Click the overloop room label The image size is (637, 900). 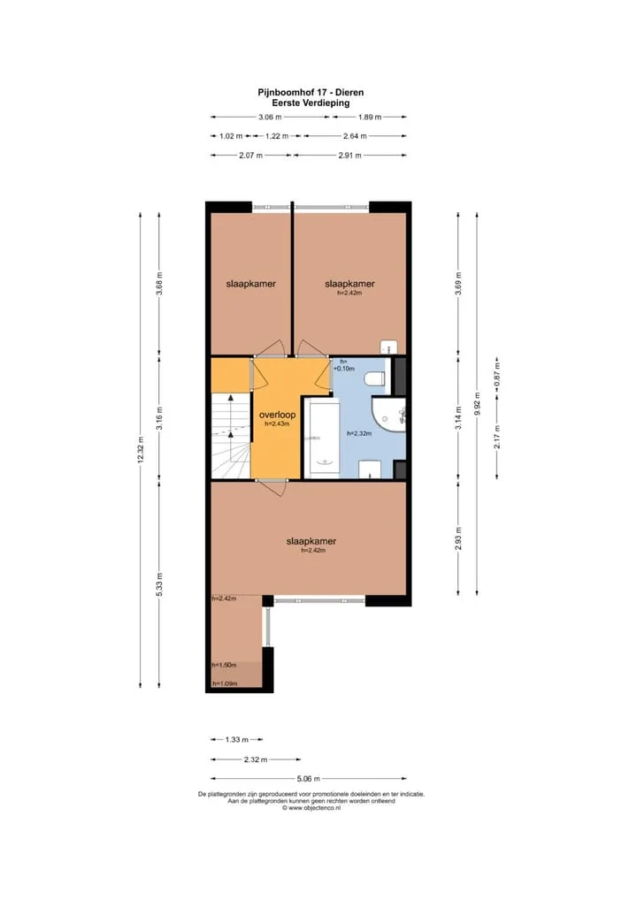click(277, 415)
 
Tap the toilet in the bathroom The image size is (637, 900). click(376, 378)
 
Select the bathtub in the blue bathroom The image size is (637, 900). click(322, 439)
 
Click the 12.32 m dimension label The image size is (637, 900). click(141, 449)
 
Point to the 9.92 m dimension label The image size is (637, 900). click(477, 403)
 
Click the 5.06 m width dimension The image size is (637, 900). click(309, 779)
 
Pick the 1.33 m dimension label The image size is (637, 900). click(236, 740)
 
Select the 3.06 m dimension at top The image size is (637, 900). click(270, 117)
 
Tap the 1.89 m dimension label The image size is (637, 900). click(369, 117)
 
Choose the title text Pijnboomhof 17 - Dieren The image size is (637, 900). click(311, 92)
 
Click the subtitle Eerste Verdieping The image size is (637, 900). click(311, 103)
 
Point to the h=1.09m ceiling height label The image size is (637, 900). click(225, 683)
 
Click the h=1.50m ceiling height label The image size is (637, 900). click(224, 665)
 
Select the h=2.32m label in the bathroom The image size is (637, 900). click(359, 433)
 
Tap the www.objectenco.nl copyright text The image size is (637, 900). click(311, 808)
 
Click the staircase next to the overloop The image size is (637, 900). click(231, 435)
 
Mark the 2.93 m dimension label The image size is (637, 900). click(458, 538)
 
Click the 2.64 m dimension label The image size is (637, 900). click(355, 136)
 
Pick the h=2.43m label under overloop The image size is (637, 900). click(277, 424)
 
